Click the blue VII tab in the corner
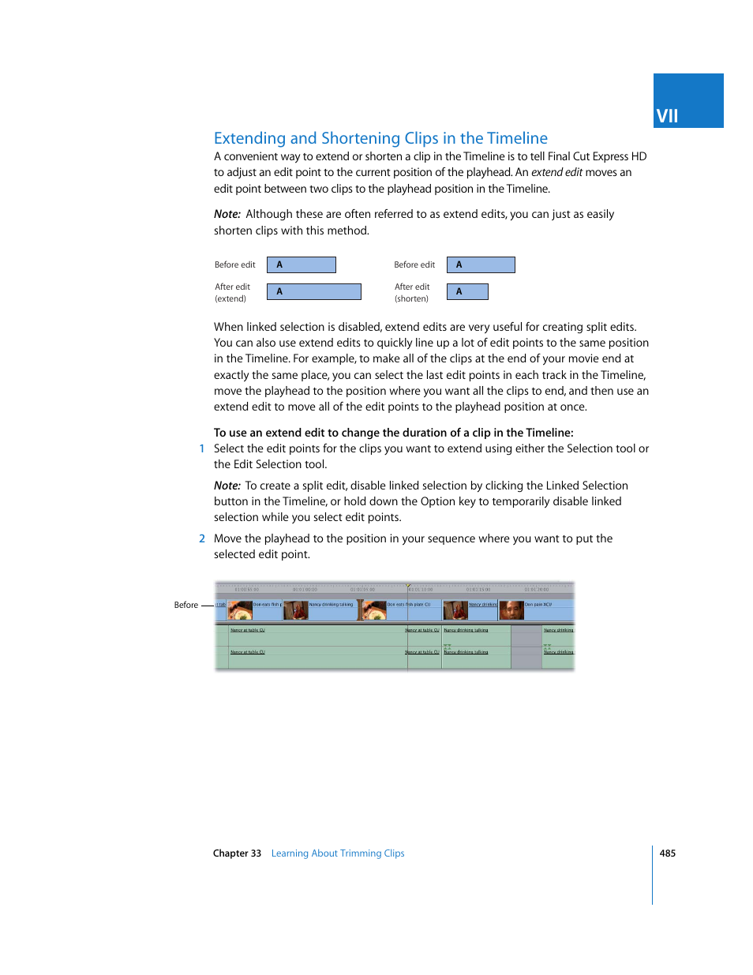point(687,101)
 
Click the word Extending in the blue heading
point(249,138)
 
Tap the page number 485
point(667,853)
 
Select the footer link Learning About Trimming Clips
point(337,853)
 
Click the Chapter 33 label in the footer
point(237,853)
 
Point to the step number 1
point(202,448)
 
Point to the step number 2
point(202,538)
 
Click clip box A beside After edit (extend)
point(313,291)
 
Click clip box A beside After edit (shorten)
point(467,291)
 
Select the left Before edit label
point(234,265)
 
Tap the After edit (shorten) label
point(412,293)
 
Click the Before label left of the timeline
point(186,606)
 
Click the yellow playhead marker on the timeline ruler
point(408,586)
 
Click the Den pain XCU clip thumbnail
point(511,610)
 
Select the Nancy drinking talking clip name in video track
point(331,605)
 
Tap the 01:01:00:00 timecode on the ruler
point(305,590)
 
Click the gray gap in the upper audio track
point(526,635)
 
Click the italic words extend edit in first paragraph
point(556,172)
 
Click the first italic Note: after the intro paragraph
point(227,214)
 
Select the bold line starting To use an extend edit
point(393,433)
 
